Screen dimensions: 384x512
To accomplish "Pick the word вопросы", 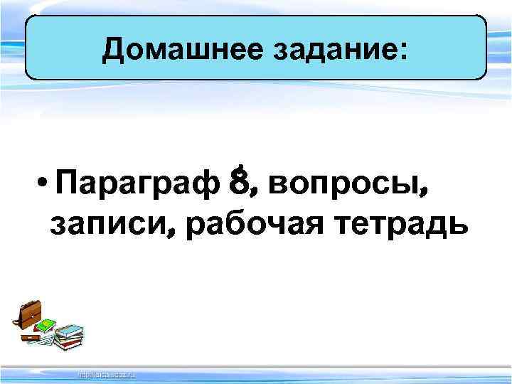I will [x=344, y=187].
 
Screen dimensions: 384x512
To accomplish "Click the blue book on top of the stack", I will [x=68, y=330].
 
